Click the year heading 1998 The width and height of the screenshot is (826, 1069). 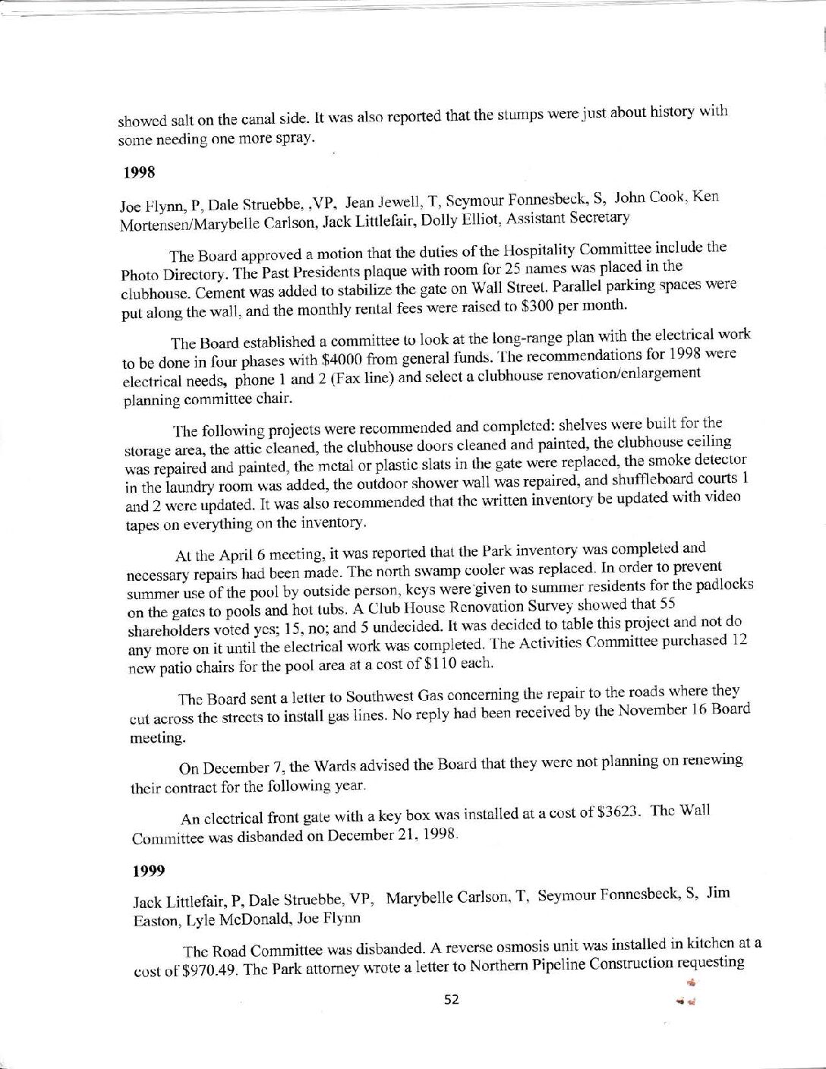coord(139,172)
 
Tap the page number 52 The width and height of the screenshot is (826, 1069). coord(452,999)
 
